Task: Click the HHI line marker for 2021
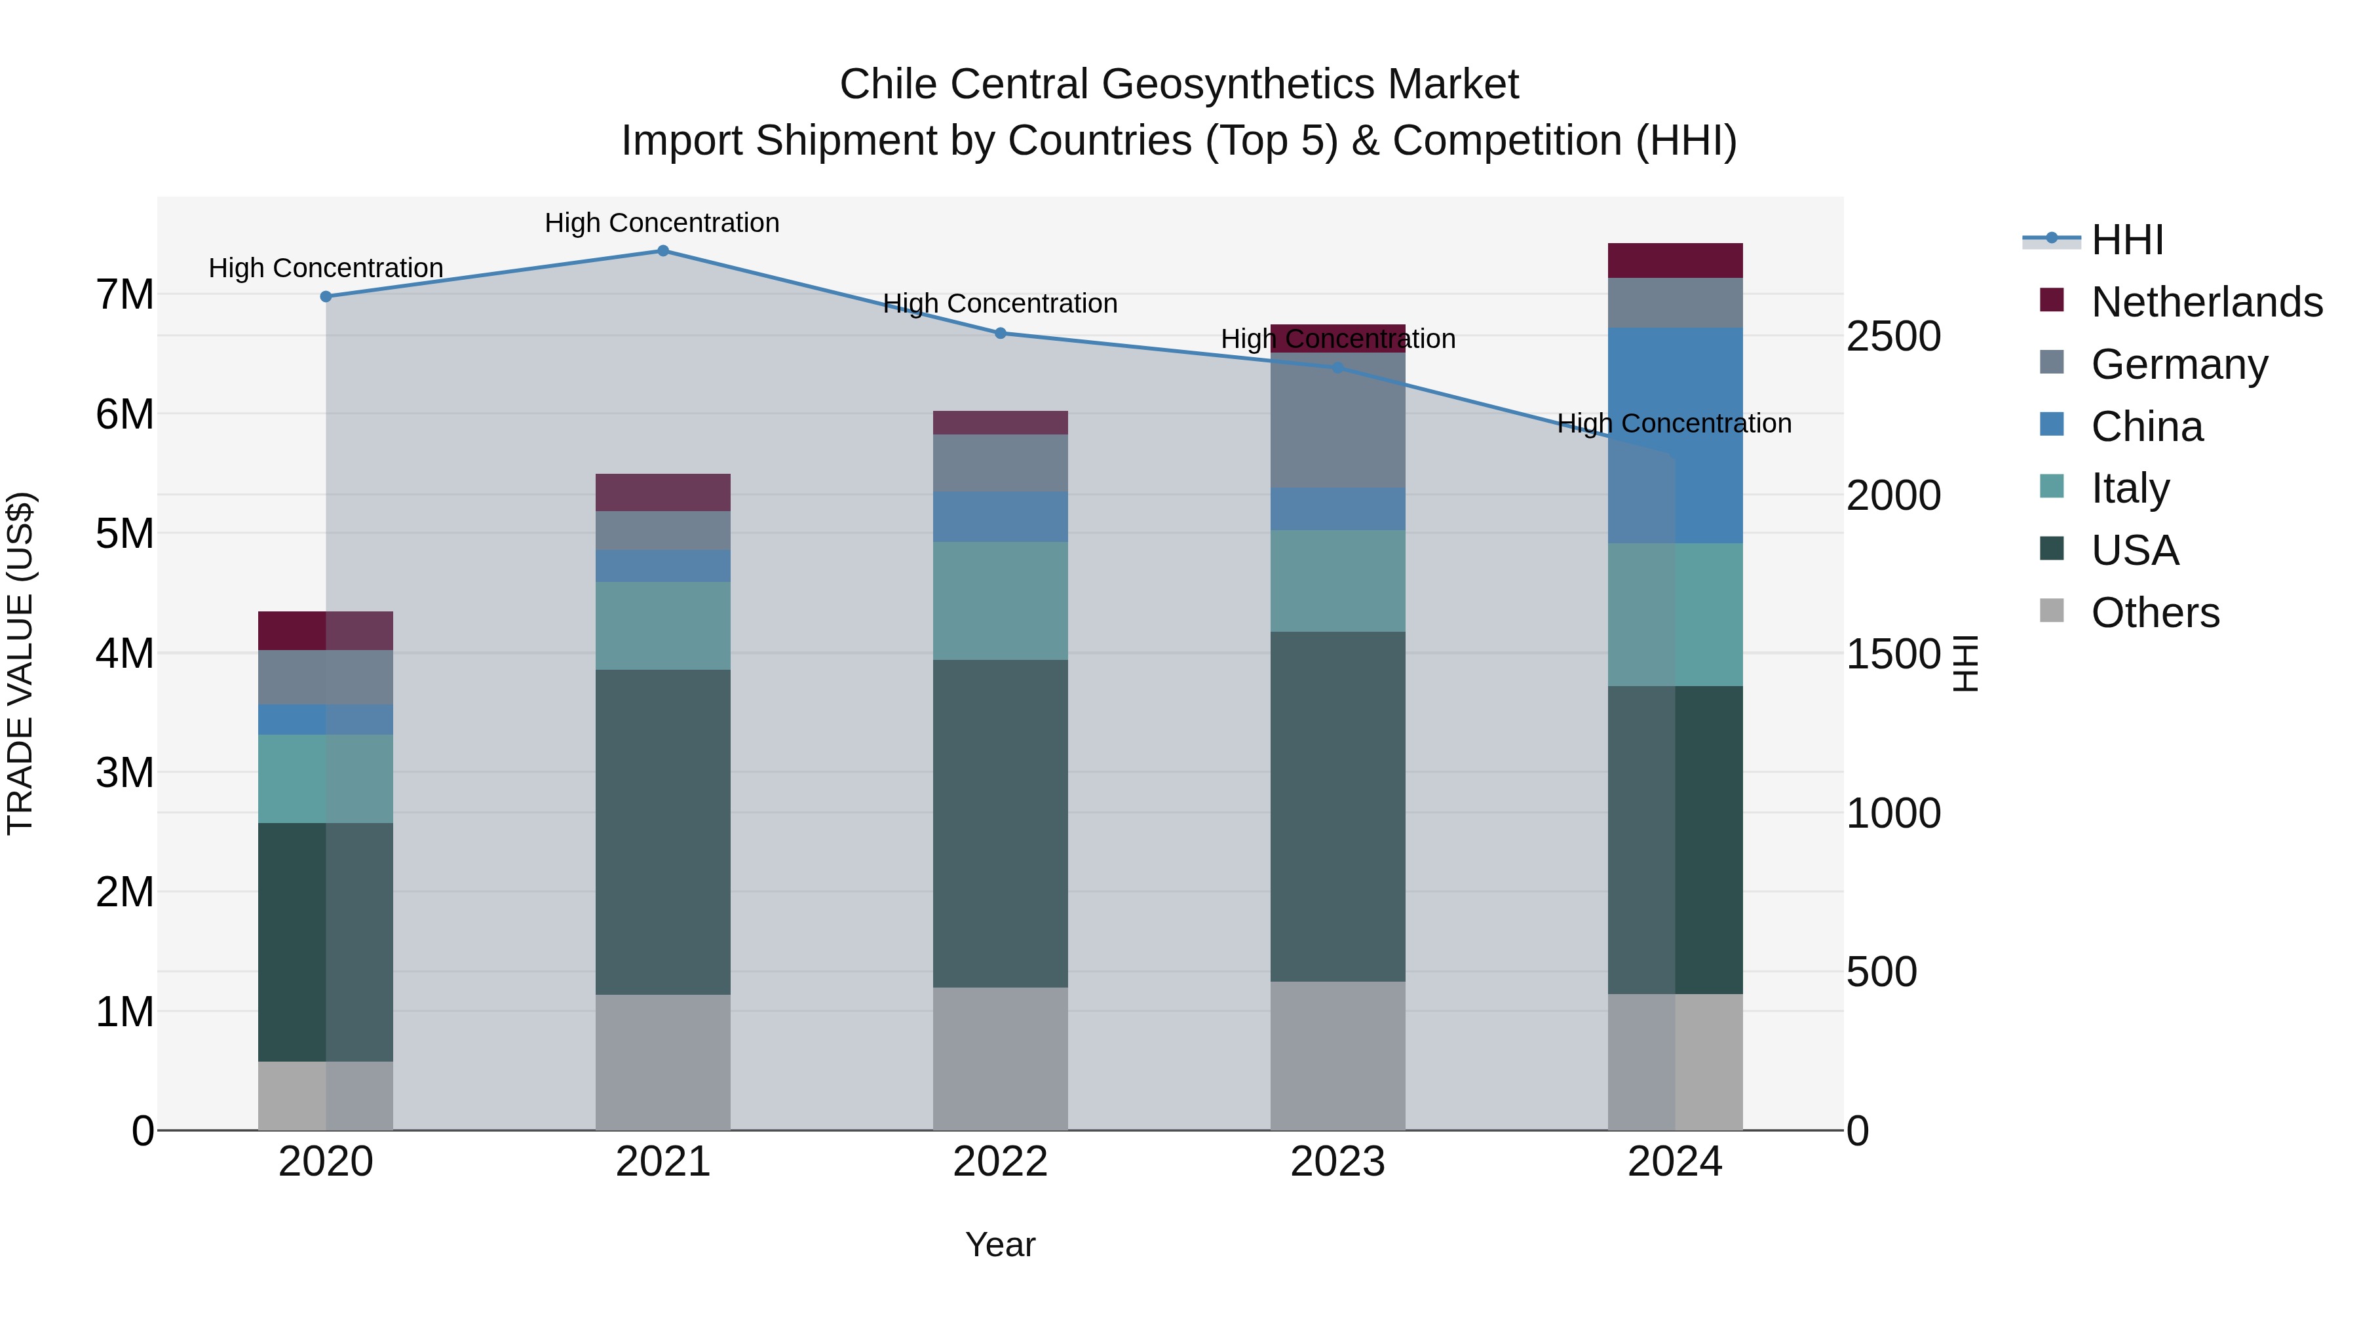(x=663, y=251)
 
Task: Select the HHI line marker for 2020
(x=326, y=297)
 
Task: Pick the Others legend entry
(x=2154, y=613)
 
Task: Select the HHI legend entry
(x=2126, y=240)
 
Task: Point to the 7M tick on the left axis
(x=125, y=295)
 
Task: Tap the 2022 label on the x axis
(x=1000, y=1162)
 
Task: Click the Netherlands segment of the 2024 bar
(x=1675, y=261)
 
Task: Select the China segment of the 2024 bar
(x=1675, y=436)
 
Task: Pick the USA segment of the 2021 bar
(x=663, y=832)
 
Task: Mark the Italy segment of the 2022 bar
(x=1000, y=601)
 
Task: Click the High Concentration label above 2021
(x=662, y=223)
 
